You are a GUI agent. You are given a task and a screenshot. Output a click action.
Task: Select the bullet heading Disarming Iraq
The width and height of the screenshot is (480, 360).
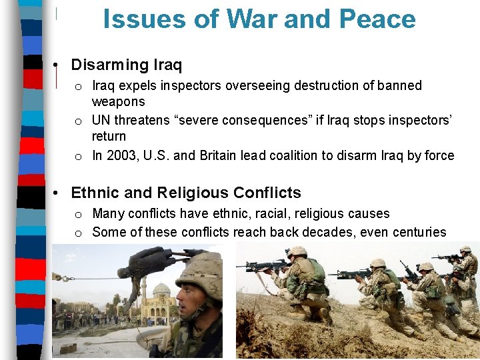click(126, 65)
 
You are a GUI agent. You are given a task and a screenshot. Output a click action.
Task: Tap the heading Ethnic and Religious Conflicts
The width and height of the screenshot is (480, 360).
click(185, 193)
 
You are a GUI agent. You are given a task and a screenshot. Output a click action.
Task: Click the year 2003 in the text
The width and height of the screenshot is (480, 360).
click(119, 155)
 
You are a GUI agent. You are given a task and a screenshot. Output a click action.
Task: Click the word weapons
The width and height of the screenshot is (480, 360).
click(118, 101)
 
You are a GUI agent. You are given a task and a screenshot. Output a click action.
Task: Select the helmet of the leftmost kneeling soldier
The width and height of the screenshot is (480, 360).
click(297, 251)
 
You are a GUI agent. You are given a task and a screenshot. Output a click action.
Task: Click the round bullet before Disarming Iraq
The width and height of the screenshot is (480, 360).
click(59, 65)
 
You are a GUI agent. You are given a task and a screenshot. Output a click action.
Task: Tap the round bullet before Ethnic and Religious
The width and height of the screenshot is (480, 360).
click(59, 193)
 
